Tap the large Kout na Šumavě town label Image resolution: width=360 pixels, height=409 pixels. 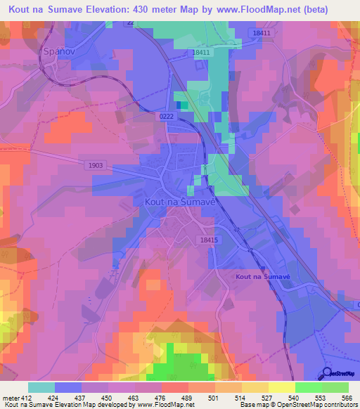(x=179, y=200)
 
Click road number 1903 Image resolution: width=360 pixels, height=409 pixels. (x=96, y=166)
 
